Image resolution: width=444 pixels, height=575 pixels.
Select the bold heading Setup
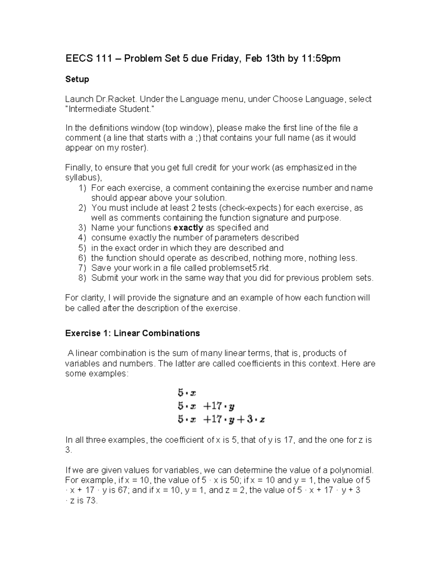click(x=77, y=79)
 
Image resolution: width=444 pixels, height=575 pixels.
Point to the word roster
click(x=134, y=148)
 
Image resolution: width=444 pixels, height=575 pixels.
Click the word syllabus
click(x=82, y=178)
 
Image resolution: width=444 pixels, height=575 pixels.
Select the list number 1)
click(x=82, y=188)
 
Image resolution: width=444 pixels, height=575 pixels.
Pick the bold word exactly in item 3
click(x=188, y=228)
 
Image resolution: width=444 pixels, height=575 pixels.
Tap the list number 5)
click(x=82, y=248)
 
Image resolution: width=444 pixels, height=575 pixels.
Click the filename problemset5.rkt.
click(x=237, y=268)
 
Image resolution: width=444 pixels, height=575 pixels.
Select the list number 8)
click(x=82, y=278)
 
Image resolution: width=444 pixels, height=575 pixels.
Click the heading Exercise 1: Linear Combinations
click(x=132, y=333)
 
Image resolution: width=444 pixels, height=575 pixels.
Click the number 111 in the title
click(x=104, y=58)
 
